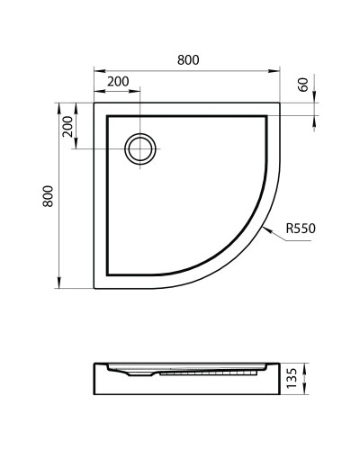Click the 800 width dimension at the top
coord(187,59)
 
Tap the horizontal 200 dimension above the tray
coord(118,81)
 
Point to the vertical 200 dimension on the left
coord(67,127)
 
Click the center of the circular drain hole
coord(140,148)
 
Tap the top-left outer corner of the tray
coord(94,102)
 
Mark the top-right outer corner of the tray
coord(280,102)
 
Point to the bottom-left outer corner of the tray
coord(94,287)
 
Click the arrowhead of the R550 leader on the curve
coord(267,227)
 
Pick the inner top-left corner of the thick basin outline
coord(107,114)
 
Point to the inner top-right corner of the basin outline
coord(267,114)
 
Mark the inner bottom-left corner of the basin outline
coord(107,274)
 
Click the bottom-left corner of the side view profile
coord(94,396)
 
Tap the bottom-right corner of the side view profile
coord(280,396)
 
